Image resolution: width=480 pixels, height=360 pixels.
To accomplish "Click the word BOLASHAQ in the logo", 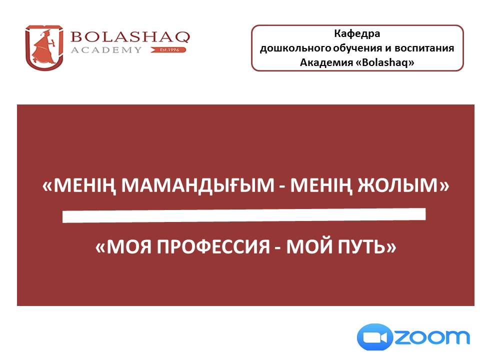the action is click(x=130, y=37).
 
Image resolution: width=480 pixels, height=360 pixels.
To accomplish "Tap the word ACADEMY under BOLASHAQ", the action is click(x=106, y=50).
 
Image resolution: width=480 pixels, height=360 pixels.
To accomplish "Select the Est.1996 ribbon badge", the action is click(x=168, y=49).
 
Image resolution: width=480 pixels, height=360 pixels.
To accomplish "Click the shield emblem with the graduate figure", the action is click(x=44, y=48).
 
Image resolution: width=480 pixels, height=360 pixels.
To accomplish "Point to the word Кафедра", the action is click(x=357, y=33).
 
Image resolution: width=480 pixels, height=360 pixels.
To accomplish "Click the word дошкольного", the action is click(x=295, y=48).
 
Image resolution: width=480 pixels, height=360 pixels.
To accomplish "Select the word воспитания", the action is click(x=424, y=48).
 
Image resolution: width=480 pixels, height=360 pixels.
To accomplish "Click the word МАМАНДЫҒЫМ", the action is click(x=198, y=185).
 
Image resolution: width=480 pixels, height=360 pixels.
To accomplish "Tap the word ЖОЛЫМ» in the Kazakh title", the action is click(x=403, y=185).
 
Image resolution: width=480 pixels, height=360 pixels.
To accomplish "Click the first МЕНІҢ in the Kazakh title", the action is click(x=79, y=186).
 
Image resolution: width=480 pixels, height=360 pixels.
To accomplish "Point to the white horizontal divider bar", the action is click(x=244, y=215).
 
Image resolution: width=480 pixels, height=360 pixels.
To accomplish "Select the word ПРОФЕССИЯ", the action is click(x=213, y=246).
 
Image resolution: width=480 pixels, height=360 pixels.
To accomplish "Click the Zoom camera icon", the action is click(x=375, y=337).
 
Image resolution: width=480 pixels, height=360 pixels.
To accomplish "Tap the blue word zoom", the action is click(x=431, y=337).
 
